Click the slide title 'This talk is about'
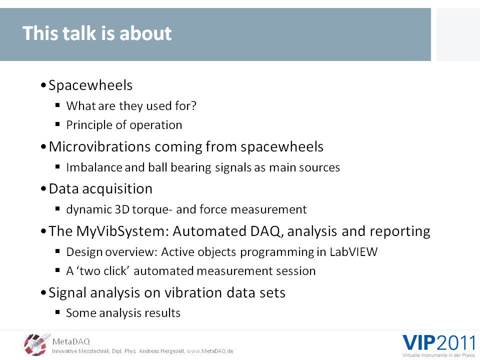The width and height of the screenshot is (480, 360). point(97,33)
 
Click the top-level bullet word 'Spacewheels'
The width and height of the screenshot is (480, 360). point(90,85)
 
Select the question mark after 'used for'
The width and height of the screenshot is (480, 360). point(193,105)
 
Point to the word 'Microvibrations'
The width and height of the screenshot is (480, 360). point(99,146)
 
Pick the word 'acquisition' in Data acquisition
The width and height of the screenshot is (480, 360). point(117,189)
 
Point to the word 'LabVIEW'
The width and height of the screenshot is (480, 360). point(353,252)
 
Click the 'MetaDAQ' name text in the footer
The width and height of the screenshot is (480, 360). point(71,341)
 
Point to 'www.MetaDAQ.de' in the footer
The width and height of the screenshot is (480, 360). point(210,351)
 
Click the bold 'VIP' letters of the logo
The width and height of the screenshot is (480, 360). point(419,343)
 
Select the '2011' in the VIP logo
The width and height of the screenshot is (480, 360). point(456,343)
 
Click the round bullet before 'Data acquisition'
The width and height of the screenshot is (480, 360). point(43,189)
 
